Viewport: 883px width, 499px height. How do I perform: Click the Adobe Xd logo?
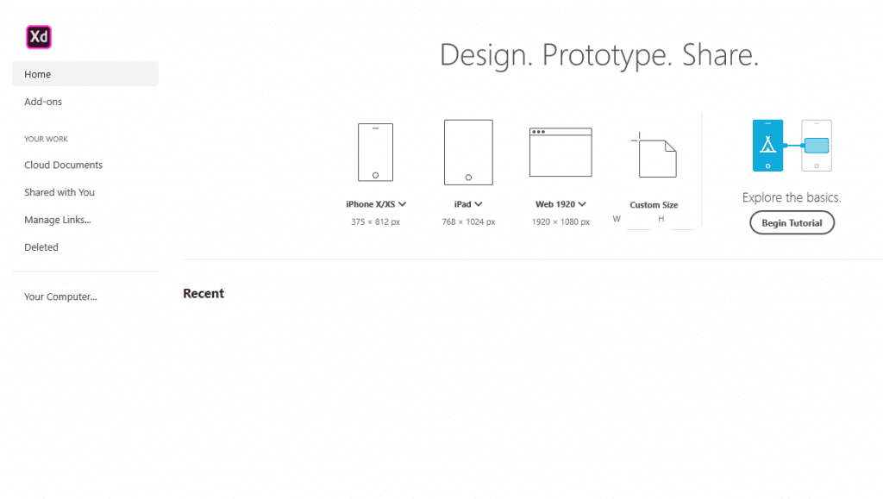(x=39, y=37)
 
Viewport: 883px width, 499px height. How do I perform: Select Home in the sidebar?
(x=38, y=74)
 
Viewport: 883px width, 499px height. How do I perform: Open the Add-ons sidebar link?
(x=43, y=102)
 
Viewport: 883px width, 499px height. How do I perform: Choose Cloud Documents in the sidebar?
(x=63, y=165)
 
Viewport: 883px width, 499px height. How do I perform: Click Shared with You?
(x=59, y=192)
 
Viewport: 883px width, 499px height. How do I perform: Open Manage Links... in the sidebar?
(x=57, y=220)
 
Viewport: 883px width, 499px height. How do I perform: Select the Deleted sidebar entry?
(x=41, y=247)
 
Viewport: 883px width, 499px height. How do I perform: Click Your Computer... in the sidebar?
(x=60, y=296)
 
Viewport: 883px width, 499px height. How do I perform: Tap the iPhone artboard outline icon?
(x=375, y=153)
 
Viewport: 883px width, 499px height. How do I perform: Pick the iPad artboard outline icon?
(x=468, y=153)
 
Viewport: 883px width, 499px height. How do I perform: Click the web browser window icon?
(x=560, y=153)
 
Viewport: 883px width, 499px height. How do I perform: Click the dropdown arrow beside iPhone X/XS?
(x=403, y=204)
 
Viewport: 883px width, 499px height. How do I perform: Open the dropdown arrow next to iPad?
(x=479, y=204)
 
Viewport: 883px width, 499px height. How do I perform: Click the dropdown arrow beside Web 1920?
(x=582, y=204)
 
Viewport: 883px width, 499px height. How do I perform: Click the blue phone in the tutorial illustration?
(x=767, y=146)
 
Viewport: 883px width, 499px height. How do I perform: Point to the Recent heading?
(x=204, y=293)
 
